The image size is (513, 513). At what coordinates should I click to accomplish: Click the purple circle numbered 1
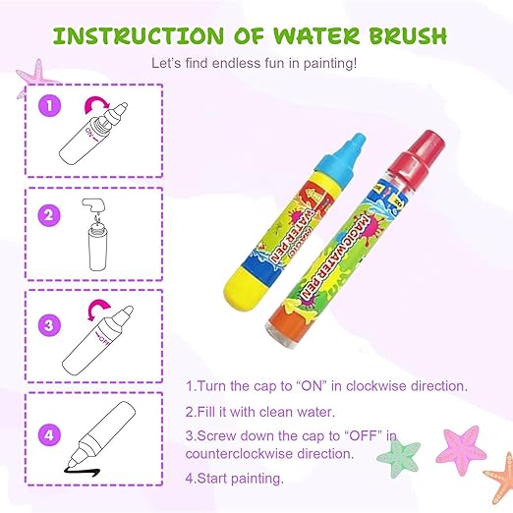(x=49, y=105)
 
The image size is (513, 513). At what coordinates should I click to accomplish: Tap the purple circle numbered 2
(x=49, y=215)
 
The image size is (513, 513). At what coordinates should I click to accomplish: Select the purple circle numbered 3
(x=49, y=325)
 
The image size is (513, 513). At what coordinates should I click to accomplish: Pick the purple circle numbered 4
(x=49, y=435)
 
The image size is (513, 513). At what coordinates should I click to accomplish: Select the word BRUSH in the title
(x=409, y=35)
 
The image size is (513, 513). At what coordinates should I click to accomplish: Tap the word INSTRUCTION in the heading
(x=139, y=35)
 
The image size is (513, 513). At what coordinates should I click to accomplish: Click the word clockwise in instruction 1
(x=375, y=386)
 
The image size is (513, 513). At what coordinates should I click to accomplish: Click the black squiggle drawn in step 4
(x=82, y=471)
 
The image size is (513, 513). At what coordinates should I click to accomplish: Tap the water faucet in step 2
(x=93, y=205)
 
